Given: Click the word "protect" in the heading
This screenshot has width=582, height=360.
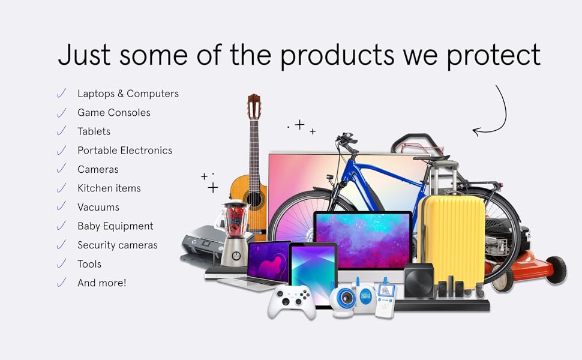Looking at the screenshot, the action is pyautogui.click(x=493, y=56).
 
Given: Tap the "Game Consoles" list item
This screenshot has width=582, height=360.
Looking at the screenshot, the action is pyautogui.click(x=113, y=112).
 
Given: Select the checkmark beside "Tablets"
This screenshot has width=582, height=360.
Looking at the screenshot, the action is pyautogui.click(x=62, y=131).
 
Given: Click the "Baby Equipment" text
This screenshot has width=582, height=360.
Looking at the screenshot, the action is pyautogui.click(x=115, y=226).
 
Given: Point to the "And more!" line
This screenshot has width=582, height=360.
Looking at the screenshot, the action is pyautogui.click(x=102, y=283).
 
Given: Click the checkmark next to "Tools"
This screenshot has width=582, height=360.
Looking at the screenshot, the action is pyautogui.click(x=62, y=263).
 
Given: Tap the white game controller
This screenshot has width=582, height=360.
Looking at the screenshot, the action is pyautogui.click(x=292, y=301).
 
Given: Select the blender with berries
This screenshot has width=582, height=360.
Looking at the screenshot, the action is pyautogui.click(x=235, y=233).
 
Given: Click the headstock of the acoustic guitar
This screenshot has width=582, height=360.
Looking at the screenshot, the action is pyautogui.click(x=254, y=106).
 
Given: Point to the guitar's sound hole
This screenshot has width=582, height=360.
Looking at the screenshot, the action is pyautogui.click(x=254, y=199).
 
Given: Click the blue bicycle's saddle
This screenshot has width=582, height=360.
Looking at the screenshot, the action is pyautogui.click(x=431, y=158).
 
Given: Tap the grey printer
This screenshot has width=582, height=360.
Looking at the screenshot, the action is pyautogui.click(x=202, y=245).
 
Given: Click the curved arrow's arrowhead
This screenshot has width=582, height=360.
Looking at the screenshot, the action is pyautogui.click(x=477, y=131).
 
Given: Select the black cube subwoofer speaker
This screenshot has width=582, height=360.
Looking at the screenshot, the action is pyautogui.click(x=419, y=280).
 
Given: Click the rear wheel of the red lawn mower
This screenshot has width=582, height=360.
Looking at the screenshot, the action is pyautogui.click(x=556, y=270).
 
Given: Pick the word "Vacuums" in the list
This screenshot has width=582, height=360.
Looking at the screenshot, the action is pyautogui.click(x=98, y=207).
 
